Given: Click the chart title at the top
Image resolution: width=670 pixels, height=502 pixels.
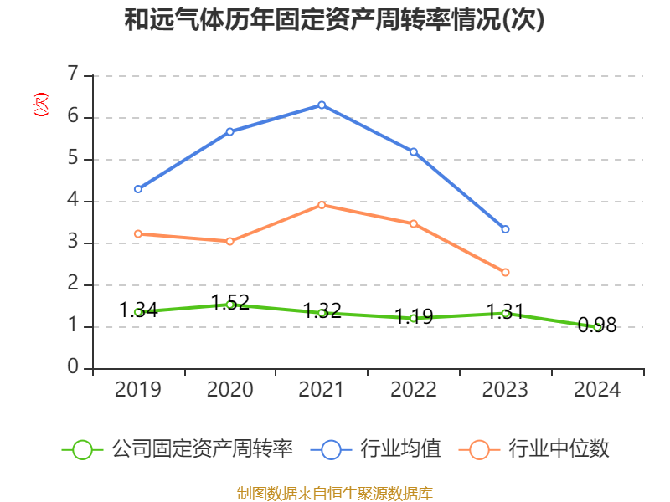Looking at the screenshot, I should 334,20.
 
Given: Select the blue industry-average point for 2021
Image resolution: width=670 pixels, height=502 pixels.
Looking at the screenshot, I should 322,105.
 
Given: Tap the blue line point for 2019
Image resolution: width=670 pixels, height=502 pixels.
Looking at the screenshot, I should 138,189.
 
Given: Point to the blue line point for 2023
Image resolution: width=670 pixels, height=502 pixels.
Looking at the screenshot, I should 505,229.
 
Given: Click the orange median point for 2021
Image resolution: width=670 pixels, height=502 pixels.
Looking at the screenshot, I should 322,205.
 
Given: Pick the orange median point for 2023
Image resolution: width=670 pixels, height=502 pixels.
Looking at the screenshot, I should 505,272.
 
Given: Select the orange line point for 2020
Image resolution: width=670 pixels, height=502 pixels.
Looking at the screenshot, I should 229,241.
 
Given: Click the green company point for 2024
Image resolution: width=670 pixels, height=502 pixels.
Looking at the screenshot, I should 597,327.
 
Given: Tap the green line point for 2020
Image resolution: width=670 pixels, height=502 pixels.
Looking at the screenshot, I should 229,305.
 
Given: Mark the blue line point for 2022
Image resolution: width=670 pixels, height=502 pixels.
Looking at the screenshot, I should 414,151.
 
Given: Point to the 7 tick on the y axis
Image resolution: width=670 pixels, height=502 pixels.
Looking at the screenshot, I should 73,75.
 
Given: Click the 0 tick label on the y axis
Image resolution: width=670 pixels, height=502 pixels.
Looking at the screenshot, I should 73,368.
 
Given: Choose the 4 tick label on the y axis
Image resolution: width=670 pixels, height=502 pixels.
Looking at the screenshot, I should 73,201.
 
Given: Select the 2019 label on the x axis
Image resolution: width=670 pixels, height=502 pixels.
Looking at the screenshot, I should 138,389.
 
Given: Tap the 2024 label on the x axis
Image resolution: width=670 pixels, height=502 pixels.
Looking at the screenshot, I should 597,389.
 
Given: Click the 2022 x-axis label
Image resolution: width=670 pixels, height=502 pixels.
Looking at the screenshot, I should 414,389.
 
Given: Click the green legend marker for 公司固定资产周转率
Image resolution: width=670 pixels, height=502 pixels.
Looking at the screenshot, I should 82,449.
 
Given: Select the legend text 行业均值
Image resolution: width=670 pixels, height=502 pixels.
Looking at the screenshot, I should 400,449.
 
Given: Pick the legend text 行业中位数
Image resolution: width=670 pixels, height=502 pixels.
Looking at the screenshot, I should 559,449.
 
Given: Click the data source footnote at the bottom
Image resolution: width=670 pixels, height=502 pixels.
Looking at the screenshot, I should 334,493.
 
